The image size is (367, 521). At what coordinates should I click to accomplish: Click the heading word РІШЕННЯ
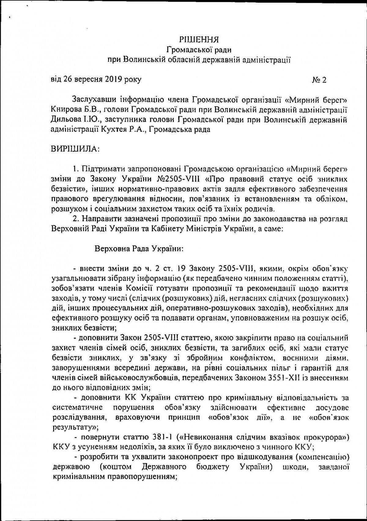tap(198, 39)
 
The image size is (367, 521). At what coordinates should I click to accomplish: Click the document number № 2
tap(319, 80)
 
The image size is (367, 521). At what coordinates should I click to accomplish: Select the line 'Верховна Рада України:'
tap(139, 249)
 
